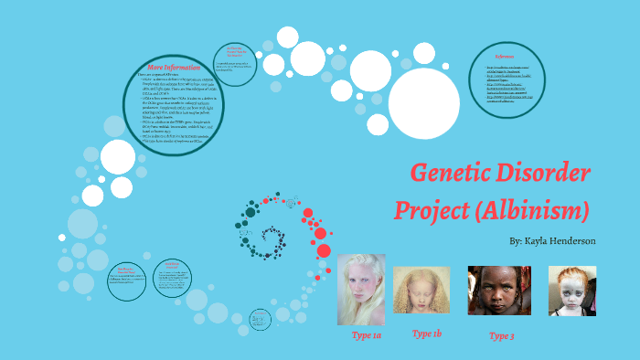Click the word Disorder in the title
[549, 172]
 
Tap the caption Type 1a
[368, 336]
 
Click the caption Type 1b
[427, 334]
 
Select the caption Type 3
[501, 336]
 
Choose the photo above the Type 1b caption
[421, 290]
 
